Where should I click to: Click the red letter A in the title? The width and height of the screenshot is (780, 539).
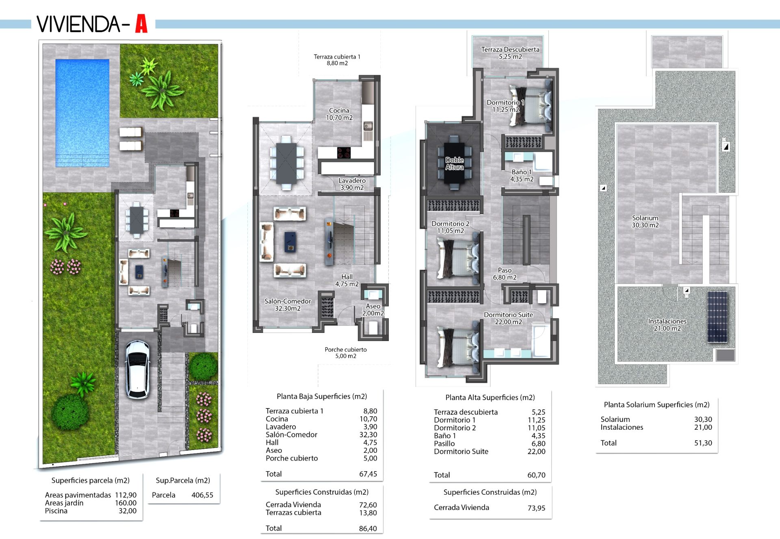coord(141,24)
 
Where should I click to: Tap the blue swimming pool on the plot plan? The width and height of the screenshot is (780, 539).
coord(82,113)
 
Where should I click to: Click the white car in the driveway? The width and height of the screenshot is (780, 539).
coord(137,369)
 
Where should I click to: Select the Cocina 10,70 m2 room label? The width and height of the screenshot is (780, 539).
coord(339,114)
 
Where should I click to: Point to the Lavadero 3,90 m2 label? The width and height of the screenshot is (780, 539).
coord(352,184)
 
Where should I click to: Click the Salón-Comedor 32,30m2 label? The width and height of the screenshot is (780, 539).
coord(288,305)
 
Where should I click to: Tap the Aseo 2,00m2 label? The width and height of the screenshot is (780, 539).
coord(373,310)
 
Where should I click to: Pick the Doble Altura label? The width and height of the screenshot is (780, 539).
coord(454,163)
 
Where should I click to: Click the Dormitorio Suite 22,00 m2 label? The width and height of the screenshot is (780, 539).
coord(508,318)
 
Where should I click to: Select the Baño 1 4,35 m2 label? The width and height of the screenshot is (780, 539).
coord(522,176)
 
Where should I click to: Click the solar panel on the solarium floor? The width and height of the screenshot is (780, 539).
coord(717,317)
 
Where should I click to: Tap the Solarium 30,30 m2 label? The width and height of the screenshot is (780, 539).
coord(645,222)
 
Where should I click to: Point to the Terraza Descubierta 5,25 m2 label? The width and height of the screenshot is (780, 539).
coord(510,53)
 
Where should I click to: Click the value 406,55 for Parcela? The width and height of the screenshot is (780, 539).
coord(202,495)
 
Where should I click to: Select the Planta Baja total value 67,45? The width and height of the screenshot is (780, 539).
coord(368,474)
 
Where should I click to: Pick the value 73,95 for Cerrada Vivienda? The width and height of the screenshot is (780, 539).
coord(536,508)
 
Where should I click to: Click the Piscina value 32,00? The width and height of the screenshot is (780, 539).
coord(128,511)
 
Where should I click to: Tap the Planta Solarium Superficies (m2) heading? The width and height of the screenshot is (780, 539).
coord(656,405)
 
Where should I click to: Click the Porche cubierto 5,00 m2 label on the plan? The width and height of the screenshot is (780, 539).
coord(346,353)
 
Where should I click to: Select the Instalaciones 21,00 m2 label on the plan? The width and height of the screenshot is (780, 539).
coord(667,325)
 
